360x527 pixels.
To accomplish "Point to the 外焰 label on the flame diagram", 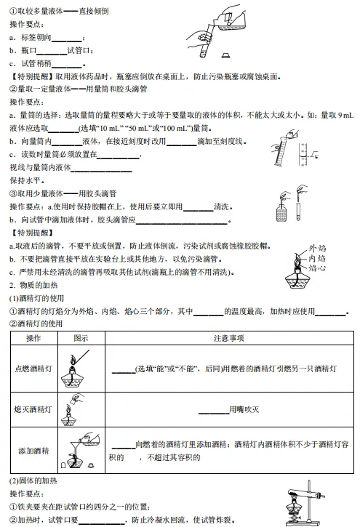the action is (317, 248).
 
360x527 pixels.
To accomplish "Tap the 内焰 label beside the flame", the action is (317, 258).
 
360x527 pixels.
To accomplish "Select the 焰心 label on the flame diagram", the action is (317, 268).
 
